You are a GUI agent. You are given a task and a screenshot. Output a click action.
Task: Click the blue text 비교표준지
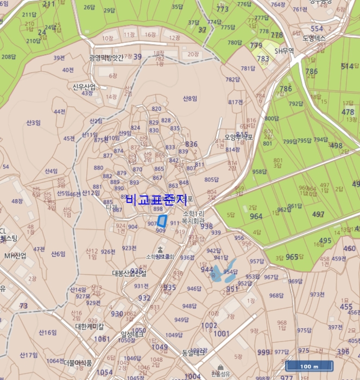(x=156, y=199)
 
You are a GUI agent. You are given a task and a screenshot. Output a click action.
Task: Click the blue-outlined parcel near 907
(x=161, y=221)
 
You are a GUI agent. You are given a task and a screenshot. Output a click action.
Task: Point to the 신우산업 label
(x=84, y=86)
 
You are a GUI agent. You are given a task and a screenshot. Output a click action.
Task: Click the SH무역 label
(x=284, y=50)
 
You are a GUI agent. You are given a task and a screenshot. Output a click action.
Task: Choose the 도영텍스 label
(x=314, y=39)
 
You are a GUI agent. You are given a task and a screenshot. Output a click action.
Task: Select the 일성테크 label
(x=132, y=334)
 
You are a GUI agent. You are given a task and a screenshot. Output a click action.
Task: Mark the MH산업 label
(x=15, y=255)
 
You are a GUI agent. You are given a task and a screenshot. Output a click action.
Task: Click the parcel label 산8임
(x=190, y=98)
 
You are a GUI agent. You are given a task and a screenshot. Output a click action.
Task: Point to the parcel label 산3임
(x=33, y=123)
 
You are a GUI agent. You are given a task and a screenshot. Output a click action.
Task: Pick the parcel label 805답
(x=211, y=180)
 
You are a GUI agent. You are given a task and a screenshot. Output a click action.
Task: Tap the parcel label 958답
(x=260, y=172)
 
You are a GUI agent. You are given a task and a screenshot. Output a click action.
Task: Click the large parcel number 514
(x=348, y=66)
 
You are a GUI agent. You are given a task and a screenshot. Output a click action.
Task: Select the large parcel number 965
(x=292, y=257)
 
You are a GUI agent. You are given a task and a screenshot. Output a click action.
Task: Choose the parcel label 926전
(x=108, y=251)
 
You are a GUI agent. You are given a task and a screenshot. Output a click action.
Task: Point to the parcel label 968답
(x=276, y=295)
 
